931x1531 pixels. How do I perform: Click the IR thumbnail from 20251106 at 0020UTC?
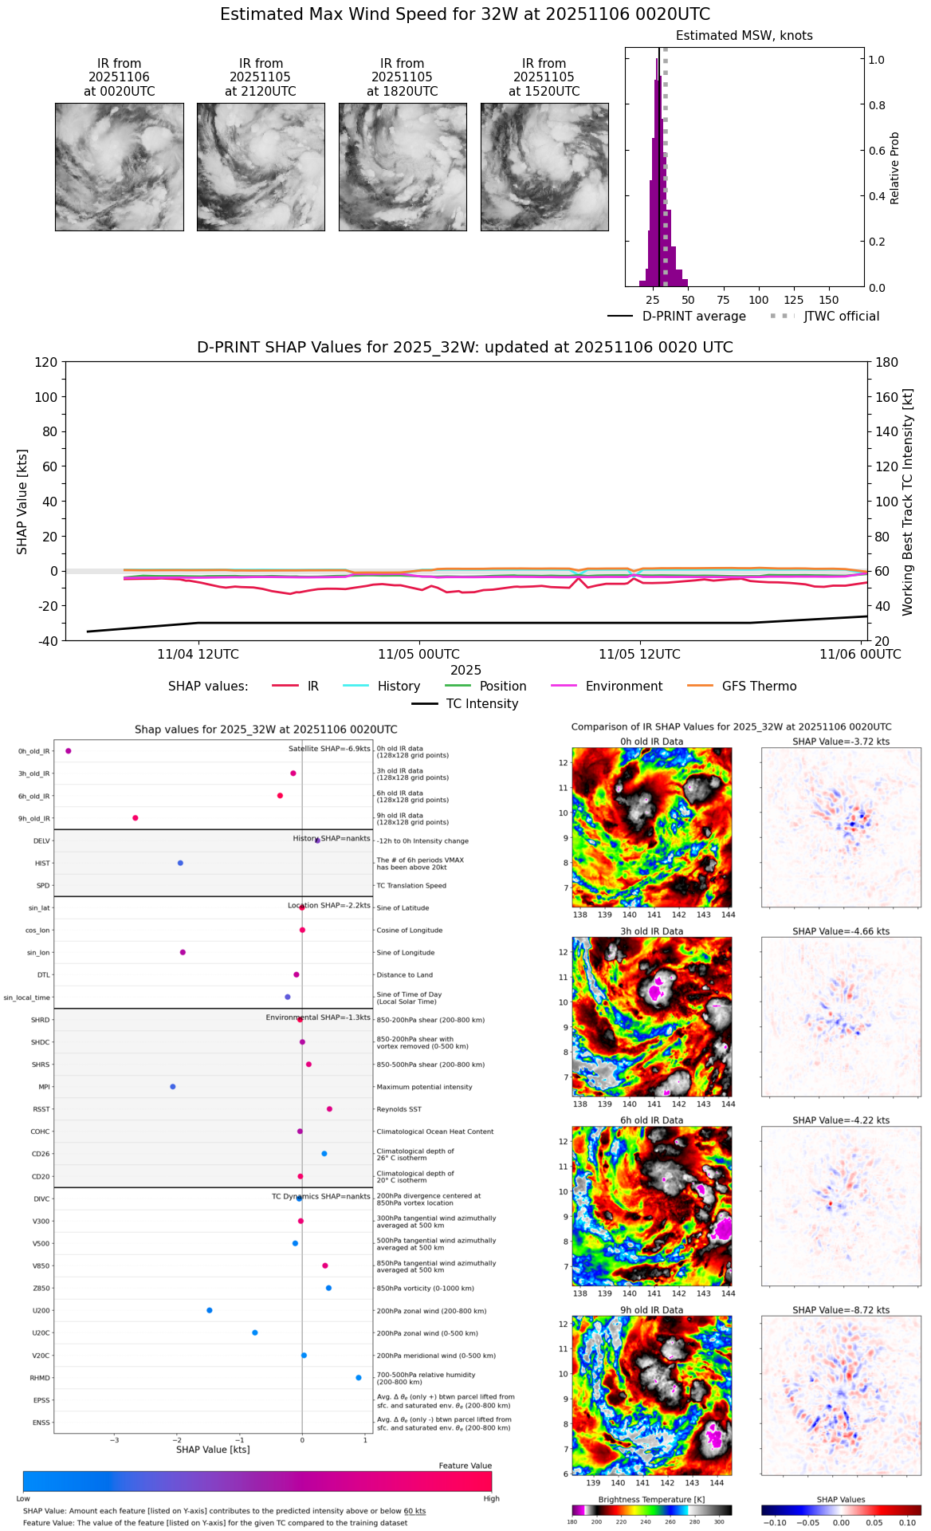click(120, 167)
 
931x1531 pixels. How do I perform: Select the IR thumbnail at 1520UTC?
click(544, 167)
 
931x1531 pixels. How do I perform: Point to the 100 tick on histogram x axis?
click(758, 300)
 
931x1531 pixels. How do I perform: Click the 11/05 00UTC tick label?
click(418, 655)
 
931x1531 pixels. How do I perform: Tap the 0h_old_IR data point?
click(69, 751)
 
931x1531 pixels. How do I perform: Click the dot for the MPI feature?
click(173, 1087)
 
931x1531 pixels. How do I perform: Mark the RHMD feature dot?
click(359, 1378)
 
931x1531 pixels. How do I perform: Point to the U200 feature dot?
click(210, 1310)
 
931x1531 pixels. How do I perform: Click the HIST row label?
click(42, 864)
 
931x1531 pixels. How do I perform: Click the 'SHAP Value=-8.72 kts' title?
click(841, 1310)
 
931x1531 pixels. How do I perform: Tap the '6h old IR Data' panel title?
click(651, 1120)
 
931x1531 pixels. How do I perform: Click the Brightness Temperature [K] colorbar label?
click(651, 1500)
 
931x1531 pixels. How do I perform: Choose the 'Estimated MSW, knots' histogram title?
click(744, 36)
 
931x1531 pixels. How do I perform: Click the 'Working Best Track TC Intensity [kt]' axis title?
click(907, 502)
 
